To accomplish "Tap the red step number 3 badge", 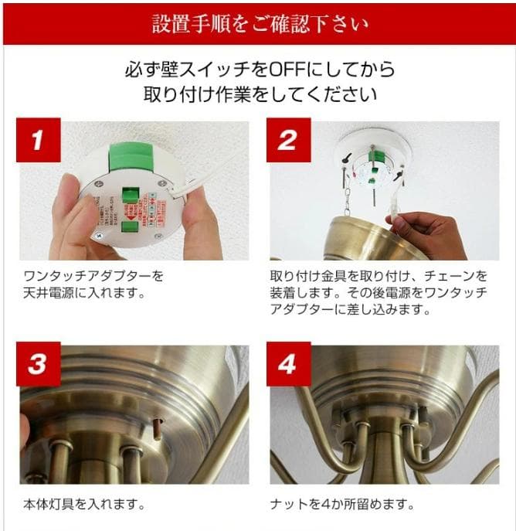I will tap(38, 363).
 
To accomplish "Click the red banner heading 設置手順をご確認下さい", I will tap(258, 23).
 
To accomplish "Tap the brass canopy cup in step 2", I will tap(370, 236).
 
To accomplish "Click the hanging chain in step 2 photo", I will tap(347, 199).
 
